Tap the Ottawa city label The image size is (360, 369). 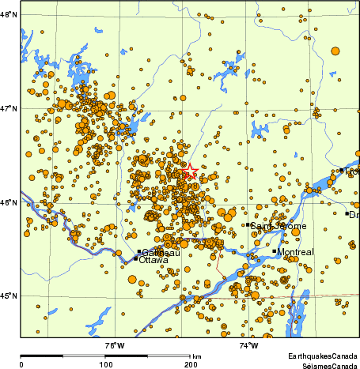pyautogui.click(x=153, y=260)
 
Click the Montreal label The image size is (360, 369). pyautogui.click(x=296, y=252)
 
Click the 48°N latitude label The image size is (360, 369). pyautogui.click(x=9, y=15)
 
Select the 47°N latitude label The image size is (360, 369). pyautogui.click(x=9, y=108)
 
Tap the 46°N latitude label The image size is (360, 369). pyautogui.click(x=9, y=202)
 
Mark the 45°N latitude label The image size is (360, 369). pyautogui.click(x=9, y=296)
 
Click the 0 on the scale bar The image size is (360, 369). pyautogui.click(x=21, y=364)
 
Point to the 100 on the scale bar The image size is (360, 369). pyautogui.click(x=105, y=364)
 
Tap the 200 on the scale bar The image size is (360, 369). pyautogui.click(x=191, y=364)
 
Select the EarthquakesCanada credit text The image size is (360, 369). pyautogui.click(x=322, y=356)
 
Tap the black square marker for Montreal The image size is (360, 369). pyautogui.click(x=275, y=251)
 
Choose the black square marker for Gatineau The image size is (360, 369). pyautogui.click(x=139, y=251)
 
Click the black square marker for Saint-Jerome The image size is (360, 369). pyautogui.click(x=248, y=224)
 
